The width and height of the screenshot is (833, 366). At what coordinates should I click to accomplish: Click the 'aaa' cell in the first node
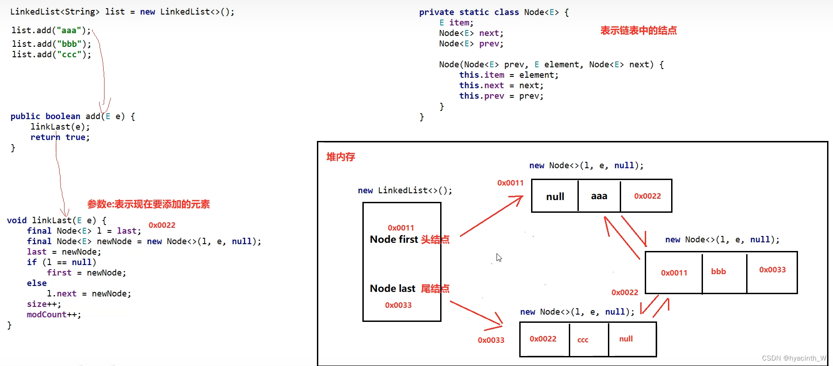click(599, 196)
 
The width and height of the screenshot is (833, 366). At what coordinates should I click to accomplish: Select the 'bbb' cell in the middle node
click(718, 272)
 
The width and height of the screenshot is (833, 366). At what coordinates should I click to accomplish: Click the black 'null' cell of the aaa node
click(555, 196)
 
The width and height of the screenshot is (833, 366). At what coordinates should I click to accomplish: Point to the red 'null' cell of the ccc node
click(626, 339)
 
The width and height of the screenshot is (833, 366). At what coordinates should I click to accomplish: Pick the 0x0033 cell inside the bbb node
click(772, 270)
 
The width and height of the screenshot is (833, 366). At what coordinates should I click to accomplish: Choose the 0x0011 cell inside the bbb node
click(674, 273)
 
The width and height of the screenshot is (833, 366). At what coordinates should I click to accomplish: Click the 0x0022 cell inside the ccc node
click(543, 339)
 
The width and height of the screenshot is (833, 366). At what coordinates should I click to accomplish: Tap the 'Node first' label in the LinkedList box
click(394, 240)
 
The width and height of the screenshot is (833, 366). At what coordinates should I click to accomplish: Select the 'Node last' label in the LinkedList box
click(392, 289)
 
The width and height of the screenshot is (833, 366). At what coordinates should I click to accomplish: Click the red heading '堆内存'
click(341, 157)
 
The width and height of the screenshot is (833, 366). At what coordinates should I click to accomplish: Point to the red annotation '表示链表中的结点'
click(638, 31)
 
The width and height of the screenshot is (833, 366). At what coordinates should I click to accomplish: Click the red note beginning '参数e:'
click(148, 205)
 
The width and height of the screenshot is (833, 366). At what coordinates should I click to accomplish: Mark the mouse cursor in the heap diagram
click(499, 257)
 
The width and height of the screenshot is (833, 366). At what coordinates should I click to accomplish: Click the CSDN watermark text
click(794, 358)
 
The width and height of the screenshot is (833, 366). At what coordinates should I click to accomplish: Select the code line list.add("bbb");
click(51, 44)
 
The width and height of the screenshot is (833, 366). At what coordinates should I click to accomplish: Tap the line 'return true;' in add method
click(60, 137)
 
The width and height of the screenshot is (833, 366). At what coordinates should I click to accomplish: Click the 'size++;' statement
click(44, 304)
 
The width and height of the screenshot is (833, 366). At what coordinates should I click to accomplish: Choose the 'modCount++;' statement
click(54, 315)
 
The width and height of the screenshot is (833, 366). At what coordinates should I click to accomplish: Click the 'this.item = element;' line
click(508, 75)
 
